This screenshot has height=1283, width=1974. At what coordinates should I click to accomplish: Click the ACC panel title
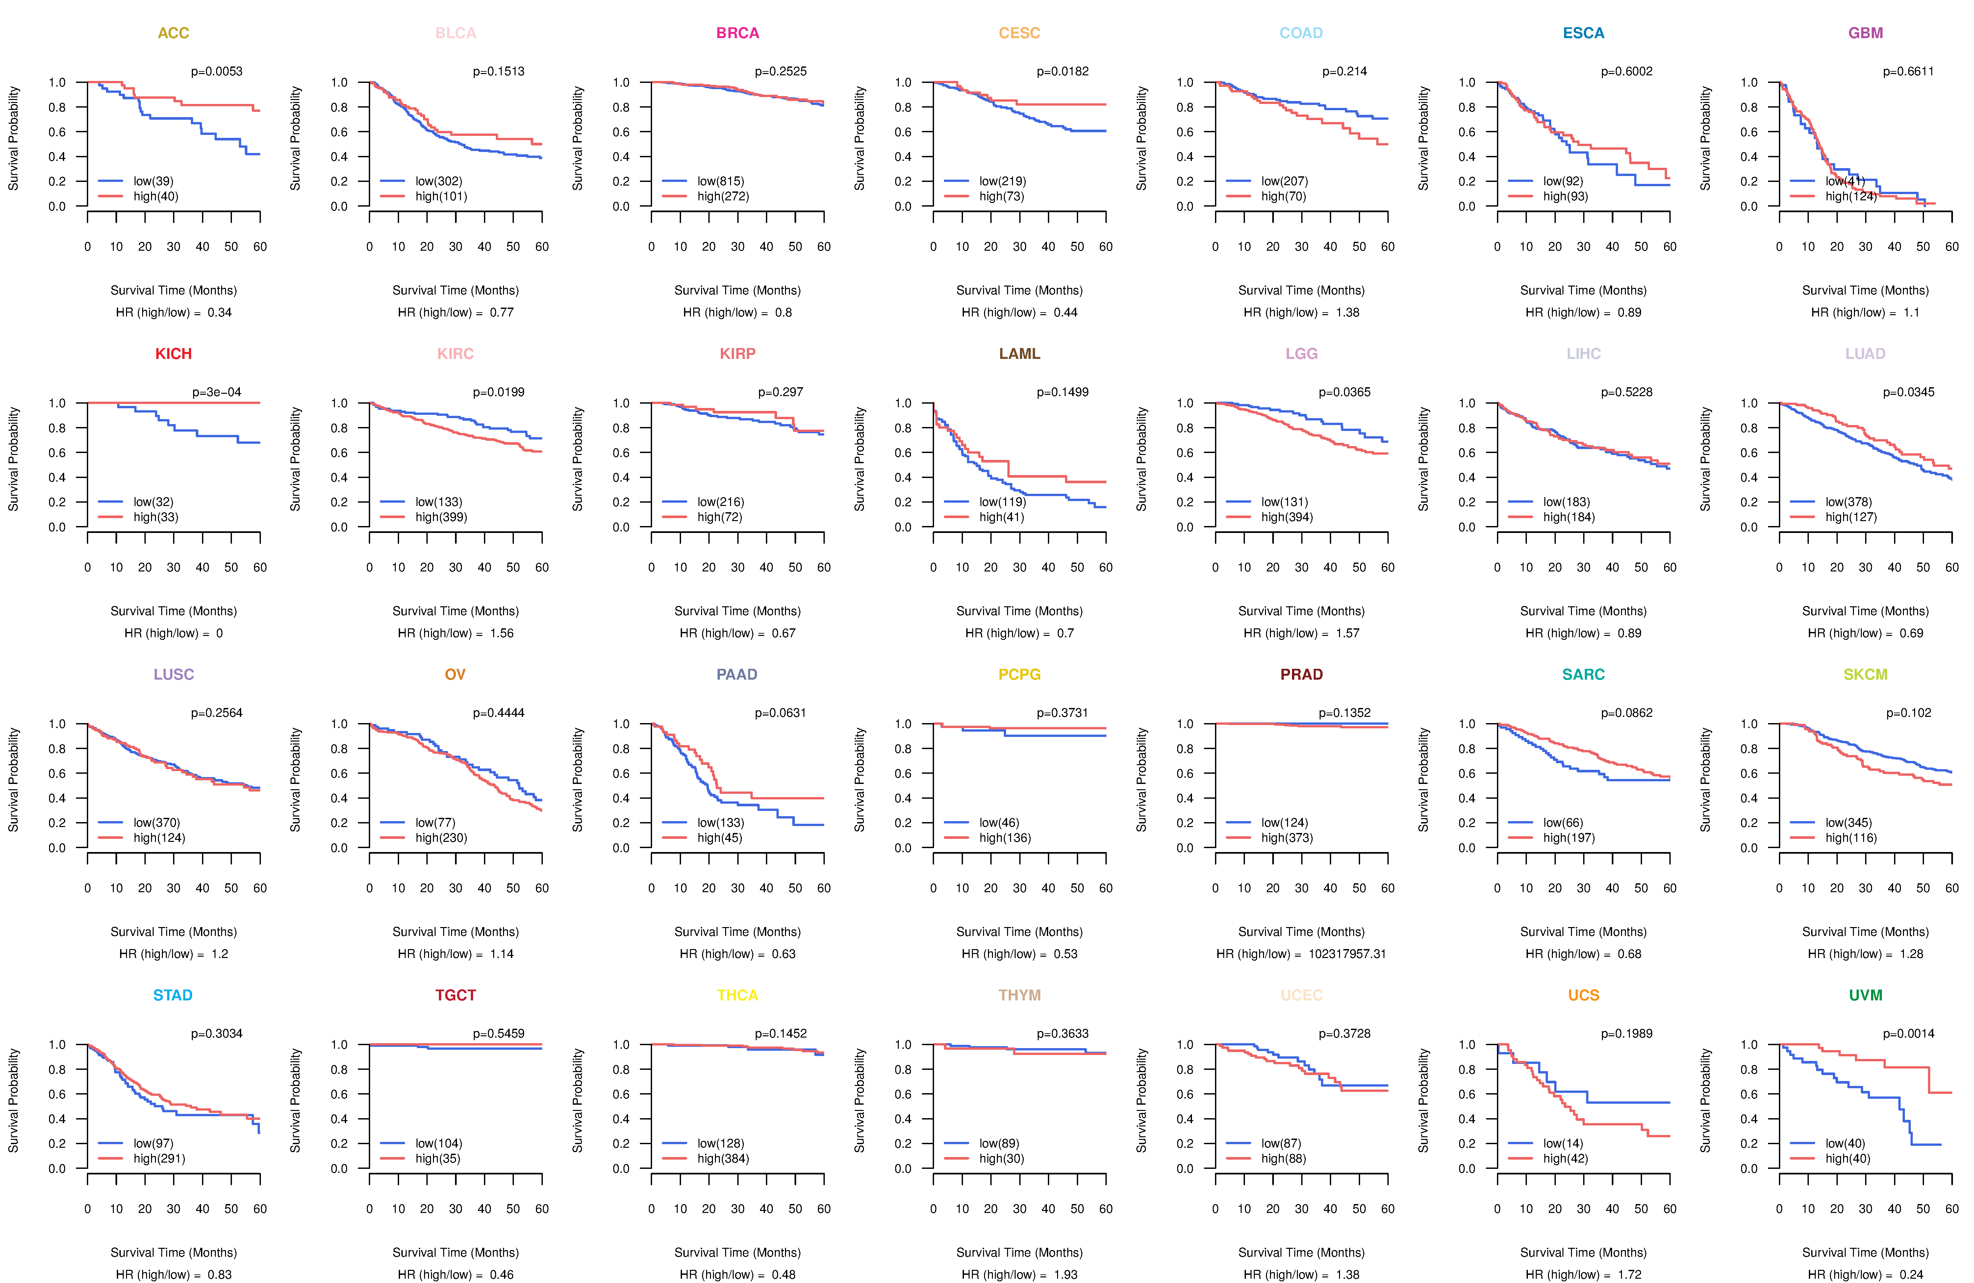173,33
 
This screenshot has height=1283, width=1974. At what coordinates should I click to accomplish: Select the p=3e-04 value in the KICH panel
217,392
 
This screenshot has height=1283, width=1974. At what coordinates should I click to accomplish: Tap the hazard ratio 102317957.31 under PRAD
1347,954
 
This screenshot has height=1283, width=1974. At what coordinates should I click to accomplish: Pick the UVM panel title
1865,995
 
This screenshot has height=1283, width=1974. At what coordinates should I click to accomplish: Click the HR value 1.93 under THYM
1066,1275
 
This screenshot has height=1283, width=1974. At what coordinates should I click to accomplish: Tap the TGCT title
455,995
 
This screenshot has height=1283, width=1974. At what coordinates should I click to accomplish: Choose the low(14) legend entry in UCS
1563,1143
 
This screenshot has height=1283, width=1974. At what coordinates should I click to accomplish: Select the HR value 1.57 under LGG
1348,633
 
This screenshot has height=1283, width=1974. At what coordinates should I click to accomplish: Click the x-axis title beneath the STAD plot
173,1252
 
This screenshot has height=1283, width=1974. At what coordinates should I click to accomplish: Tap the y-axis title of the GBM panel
1705,138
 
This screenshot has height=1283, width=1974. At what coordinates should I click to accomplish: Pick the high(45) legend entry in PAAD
719,838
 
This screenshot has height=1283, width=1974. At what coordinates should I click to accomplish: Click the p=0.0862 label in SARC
1627,713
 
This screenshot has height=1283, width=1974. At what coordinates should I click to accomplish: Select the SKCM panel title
1865,674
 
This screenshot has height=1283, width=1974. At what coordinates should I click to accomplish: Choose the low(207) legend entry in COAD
1284,181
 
